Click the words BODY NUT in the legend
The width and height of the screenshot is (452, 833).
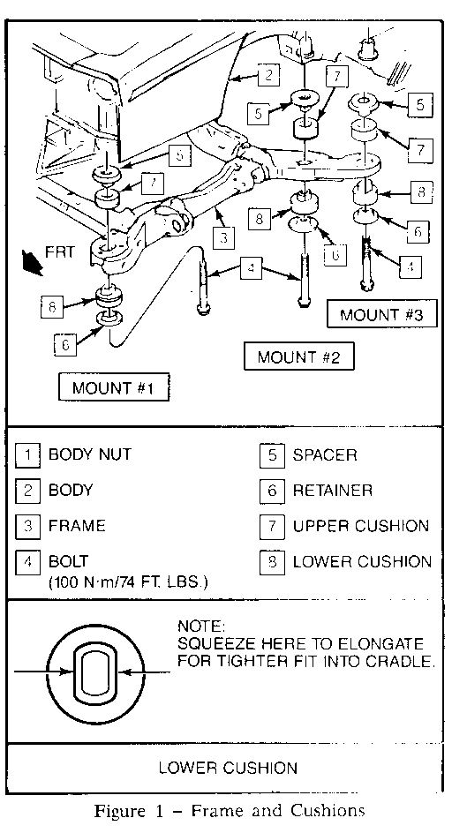click(89, 454)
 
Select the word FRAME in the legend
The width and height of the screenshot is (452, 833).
click(76, 526)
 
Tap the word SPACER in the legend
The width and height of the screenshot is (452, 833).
click(325, 455)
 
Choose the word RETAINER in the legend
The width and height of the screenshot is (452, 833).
click(332, 491)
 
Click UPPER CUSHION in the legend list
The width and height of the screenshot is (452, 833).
click(361, 527)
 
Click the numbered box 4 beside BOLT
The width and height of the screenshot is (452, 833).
click(28, 562)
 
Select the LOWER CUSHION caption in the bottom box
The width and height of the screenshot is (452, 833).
click(228, 768)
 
